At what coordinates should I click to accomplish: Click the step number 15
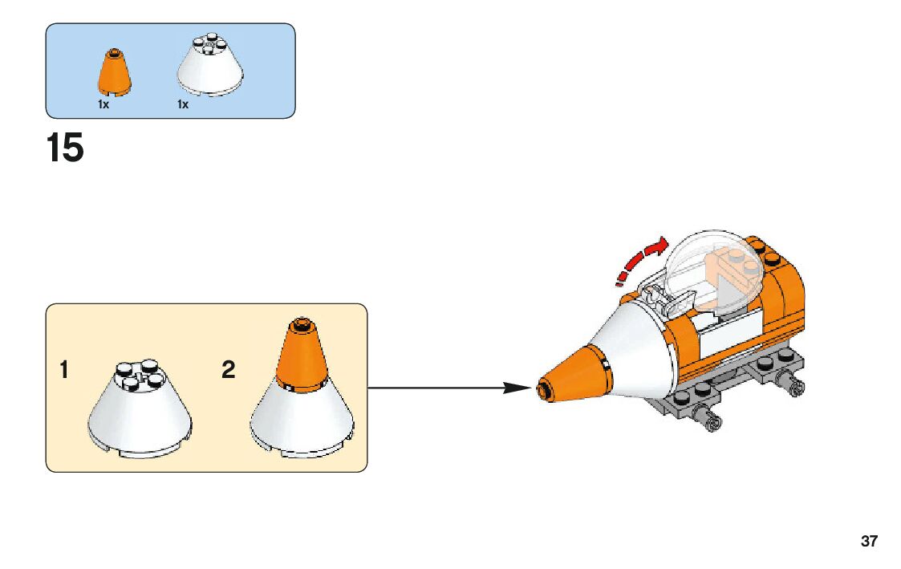coord(65,148)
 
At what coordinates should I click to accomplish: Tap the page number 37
coord(869,541)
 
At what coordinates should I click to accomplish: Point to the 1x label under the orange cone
coord(103,104)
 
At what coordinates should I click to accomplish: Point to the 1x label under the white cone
coord(183,104)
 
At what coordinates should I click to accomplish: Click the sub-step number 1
coord(64,371)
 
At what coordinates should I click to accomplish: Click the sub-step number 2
coord(229,371)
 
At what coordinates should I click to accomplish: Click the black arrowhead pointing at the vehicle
coord(514,388)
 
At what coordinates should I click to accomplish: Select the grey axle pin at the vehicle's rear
coord(795,386)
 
